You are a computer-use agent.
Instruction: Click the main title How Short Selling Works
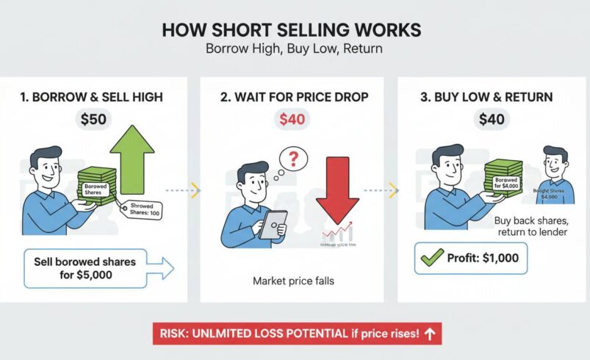[x=291, y=30]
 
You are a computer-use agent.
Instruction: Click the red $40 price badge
[x=294, y=119]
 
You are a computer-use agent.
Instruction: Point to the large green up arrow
[x=132, y=158]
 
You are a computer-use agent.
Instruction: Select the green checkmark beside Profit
[x=431, y=258]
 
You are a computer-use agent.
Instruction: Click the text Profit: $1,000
[x=481, y=259]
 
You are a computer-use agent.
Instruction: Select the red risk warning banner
[x=296, y=334]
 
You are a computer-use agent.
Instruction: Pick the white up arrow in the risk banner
[x=430, y=334]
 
